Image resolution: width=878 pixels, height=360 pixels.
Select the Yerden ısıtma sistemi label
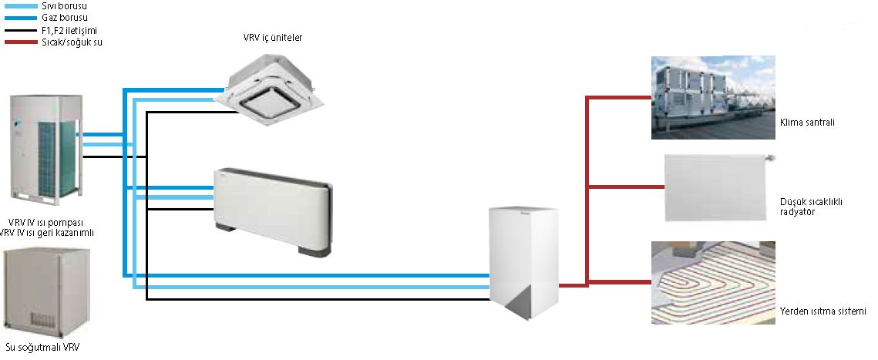(822, 311)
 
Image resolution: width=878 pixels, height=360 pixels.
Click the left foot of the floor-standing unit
(227, 230)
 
